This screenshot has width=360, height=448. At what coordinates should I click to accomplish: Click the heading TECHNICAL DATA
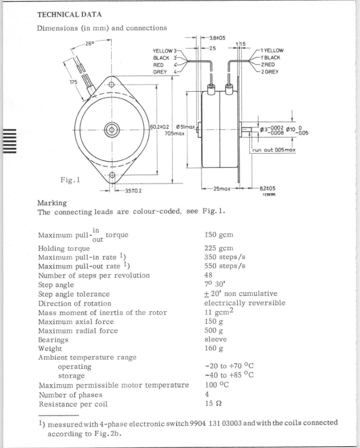pyautogui.click(x=70, y=15)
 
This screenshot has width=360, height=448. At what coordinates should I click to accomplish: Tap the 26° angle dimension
pyautogui.click(x=90, y=44)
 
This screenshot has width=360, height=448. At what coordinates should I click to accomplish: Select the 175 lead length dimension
pyautogui.click(x=73, y=82)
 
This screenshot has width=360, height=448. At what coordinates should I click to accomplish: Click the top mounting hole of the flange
pyautogui.click(x=112, y=85)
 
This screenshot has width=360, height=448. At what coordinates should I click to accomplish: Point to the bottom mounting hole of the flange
pyautogui.click(x=112, y=175)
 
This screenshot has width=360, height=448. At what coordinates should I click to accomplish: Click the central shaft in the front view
pyautogui.click(x=112, y=130)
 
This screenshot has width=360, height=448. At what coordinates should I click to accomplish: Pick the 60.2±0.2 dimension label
pyautogui.click(x=159, y=127)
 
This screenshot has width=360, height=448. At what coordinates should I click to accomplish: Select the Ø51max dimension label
pyautogui.click(x=185, y=127)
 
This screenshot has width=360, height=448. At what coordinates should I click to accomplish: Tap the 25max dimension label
pyautogui.click(x=222, y=189)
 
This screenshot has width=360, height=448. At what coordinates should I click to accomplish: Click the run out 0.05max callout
pyautogui.click(x=273, y=150)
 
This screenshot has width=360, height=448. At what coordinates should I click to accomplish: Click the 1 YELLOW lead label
pyautogui.click(x=272, y=51)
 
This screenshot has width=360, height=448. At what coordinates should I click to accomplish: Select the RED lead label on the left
pyautogui.click(x=158, y=65)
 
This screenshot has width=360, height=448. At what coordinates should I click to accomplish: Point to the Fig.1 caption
pyautogui.click(x=70, y=180)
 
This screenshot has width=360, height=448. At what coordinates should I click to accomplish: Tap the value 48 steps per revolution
pyautogui.click(x=209, y=275)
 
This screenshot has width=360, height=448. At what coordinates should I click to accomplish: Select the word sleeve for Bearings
pyautogui.click(x=216, y=339)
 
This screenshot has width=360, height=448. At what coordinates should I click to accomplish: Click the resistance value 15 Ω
pyautogui.click(x=213, y=403)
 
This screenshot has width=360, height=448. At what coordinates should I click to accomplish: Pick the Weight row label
pyautogui.click(x=50, y=349)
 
